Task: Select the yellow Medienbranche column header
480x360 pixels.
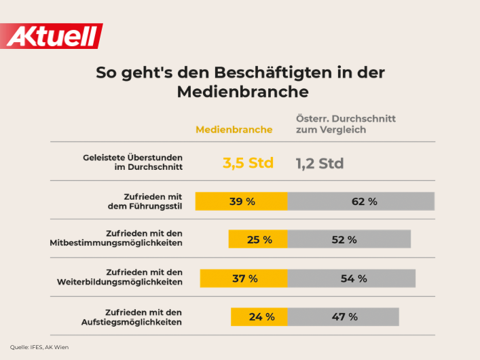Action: (234, 129)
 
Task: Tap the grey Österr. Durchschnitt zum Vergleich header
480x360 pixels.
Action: (346, 124)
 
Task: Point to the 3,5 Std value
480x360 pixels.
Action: (248, 163)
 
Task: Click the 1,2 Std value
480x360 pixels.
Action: (320, 163)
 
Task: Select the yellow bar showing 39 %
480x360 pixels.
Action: (242, 201)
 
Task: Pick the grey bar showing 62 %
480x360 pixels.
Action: (361, 201)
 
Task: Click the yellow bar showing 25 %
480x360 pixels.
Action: (258, 239)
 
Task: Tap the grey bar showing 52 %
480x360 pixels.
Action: (349, 239)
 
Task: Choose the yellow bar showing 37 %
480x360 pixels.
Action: (244, 278)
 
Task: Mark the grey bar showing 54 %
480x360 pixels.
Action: (352, 278)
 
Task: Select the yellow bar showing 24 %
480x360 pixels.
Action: (259, 317)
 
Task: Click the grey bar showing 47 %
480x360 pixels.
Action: (343, 317)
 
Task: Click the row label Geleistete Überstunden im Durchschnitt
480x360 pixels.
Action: (132, 162)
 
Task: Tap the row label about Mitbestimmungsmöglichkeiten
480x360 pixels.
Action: (116, 238)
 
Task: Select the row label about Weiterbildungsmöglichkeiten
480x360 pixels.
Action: (116, 276)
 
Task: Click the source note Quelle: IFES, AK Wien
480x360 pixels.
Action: (39, 347)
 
